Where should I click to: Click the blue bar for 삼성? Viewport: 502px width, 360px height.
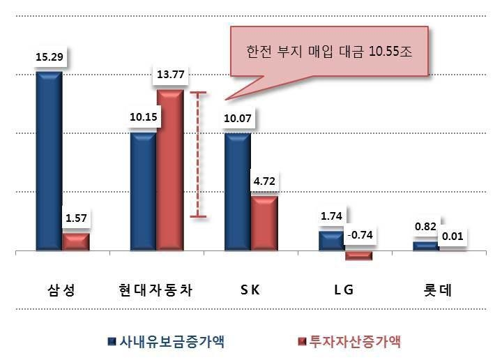tap(49, 160)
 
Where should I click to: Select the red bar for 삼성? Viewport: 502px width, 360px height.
tap(76, 242)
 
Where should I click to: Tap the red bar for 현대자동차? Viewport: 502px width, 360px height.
tap(170, 170)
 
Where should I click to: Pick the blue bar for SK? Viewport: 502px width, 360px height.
tap(238, 192)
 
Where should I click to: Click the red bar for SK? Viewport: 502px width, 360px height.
tap(264, 223)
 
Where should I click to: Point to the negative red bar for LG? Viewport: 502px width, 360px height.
tap(358, 255)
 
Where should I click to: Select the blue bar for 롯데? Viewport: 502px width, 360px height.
tap(426, 246)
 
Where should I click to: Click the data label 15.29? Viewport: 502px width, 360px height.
tap(50, 57)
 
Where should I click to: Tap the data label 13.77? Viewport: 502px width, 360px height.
tap(170, 75)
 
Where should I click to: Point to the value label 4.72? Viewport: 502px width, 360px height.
tap(264, 181)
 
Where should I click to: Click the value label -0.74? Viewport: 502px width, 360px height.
tap(360, 235)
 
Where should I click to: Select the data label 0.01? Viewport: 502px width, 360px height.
tap(452, 237)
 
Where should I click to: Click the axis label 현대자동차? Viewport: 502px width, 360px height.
tap(155, 290)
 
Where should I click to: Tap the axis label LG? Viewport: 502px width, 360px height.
tap(344, 290)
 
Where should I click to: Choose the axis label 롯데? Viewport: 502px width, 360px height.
tap(437, 290)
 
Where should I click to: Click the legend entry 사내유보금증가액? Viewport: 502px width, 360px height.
tap(167, 342)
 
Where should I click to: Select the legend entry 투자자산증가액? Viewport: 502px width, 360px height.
tap(349, 342)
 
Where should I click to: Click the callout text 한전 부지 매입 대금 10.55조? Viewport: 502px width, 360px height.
tap(329, 51)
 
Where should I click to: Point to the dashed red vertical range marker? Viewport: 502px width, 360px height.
tap(198, 154)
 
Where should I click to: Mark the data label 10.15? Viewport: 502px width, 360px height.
tap(144, 117)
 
